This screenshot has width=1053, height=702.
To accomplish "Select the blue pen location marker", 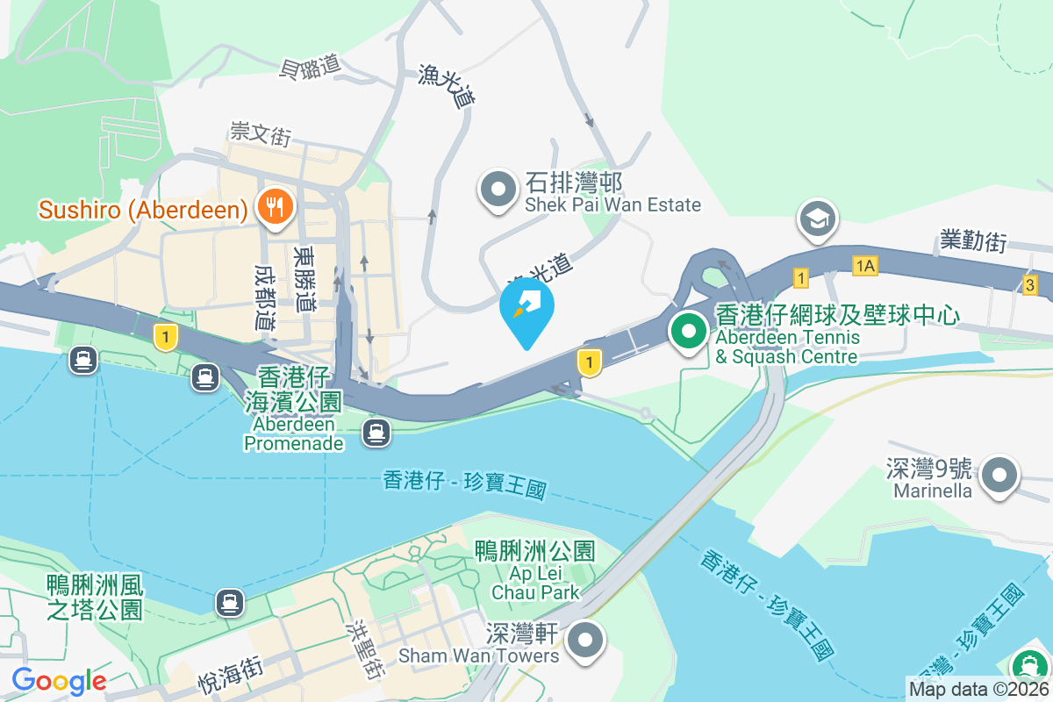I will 526,310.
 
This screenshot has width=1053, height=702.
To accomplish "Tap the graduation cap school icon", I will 818,219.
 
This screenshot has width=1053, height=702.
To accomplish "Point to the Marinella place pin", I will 999,476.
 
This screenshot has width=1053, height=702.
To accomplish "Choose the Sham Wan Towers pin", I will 586,641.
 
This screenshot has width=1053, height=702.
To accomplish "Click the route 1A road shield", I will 864,265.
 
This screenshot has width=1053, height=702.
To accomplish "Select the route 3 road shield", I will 1029,284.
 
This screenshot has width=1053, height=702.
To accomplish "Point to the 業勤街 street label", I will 972,241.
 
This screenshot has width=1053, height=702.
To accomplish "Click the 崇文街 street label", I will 261,134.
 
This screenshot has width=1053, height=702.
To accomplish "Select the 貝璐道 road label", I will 309,68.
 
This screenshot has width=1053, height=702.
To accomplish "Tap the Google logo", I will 59,681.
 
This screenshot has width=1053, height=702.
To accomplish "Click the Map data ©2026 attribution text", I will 978,690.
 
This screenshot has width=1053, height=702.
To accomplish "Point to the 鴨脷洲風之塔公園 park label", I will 95,597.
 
